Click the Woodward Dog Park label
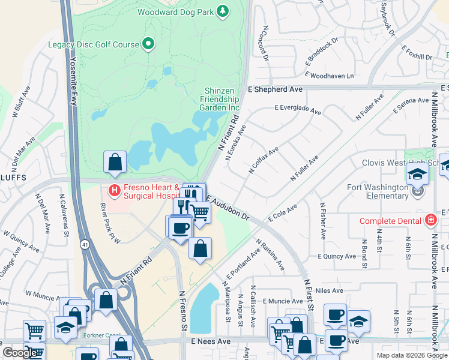click(x=176, y=11)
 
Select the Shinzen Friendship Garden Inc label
click(x=220, y=99)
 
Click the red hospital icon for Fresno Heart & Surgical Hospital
click(x=114, y=190)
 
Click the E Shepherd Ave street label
click(x=275, y=89)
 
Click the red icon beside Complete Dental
click(x=430, y=220)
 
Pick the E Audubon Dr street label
click(x=228, y=208)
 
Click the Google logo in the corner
click(x=20, y=353)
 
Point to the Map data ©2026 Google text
click(x=411, y=355)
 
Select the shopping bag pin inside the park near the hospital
click(x=115, y=163)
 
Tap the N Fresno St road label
click(x=183, y=312)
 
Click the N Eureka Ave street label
click(x=236, y=143)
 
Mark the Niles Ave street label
click(x=329, y=290)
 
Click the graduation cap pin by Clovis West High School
click(x=417, y=175)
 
